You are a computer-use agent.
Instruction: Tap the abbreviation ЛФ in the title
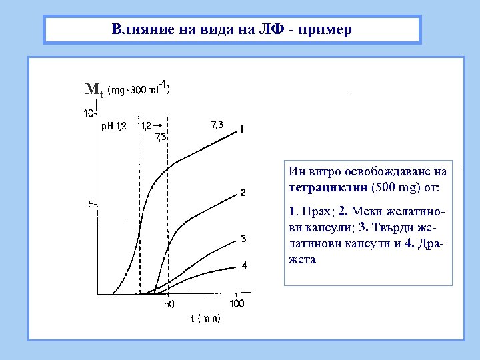coord(272,30)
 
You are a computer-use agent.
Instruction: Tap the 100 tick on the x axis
coord(237,304)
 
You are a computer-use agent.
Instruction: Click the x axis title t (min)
coord(205,319)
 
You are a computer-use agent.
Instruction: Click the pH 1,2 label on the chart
coord(113,127)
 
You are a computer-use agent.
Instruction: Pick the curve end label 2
coord(243,193)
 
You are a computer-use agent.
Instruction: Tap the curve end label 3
coord(243,239)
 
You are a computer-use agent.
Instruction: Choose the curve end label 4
coord(243,265)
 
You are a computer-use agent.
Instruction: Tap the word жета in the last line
coord(303,259)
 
